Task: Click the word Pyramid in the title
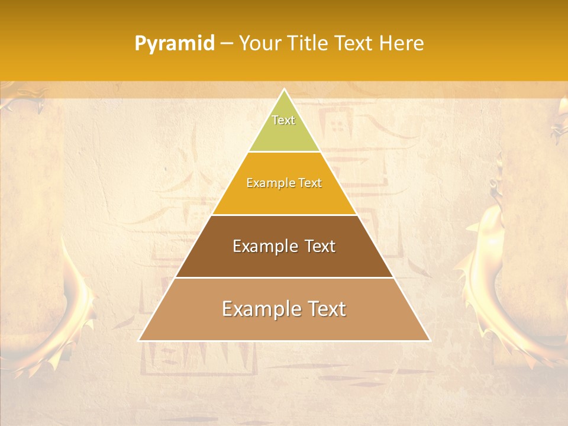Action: (x=174, y=44)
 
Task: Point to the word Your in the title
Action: (x=260, y=44)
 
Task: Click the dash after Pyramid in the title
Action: (x=226, y=44)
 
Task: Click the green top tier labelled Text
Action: (x=284, y=133)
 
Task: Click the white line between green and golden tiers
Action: (x=284, y=152)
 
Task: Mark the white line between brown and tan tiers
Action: (x=284, y=277)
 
